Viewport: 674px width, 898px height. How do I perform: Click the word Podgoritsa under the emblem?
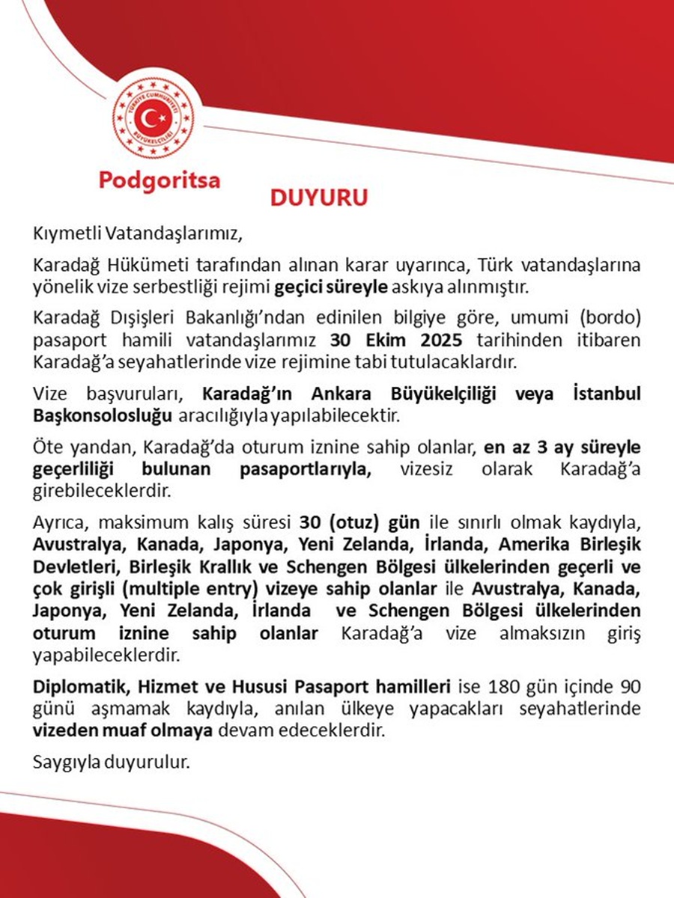(160, 182)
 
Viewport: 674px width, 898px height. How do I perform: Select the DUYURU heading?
(319, 199)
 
